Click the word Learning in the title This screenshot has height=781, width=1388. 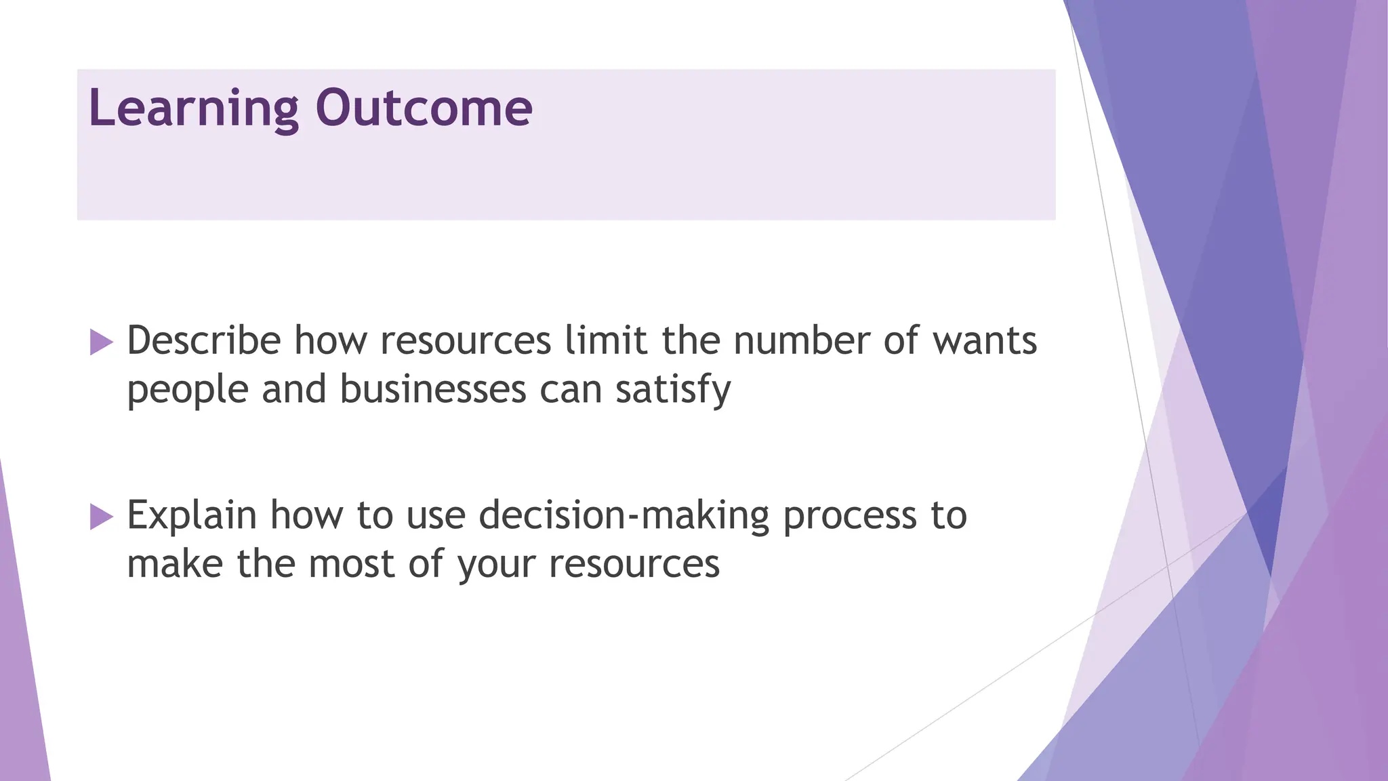pos(193,108)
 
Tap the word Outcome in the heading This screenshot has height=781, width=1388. pos(424,108)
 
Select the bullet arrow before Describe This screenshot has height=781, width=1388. pos(101,342)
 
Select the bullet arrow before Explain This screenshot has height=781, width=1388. pos(101,517)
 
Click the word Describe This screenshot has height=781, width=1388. pos(204,340)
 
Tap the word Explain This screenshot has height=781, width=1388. pos(192,515)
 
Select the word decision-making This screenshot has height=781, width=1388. pos(624,515)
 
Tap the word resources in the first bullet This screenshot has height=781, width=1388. pos(466,340)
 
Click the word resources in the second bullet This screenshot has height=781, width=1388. pos(634,564)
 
